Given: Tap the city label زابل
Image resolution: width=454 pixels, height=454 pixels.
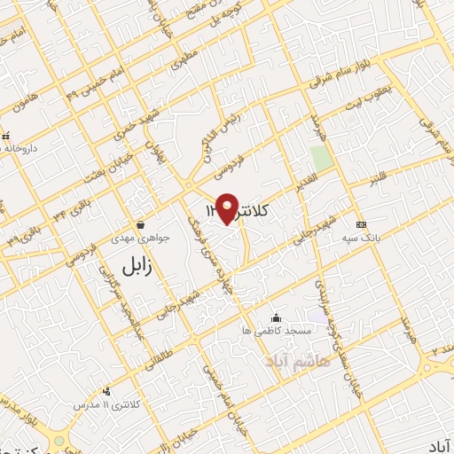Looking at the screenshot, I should point(143,263).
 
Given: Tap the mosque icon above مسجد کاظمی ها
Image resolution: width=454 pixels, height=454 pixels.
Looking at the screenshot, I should point(277,317).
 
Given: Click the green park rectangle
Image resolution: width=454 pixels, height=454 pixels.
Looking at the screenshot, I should point(321,160).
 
